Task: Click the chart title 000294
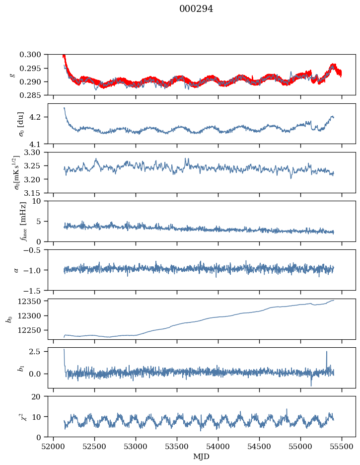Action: coord(196,9)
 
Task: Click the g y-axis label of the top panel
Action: coord(12,75)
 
